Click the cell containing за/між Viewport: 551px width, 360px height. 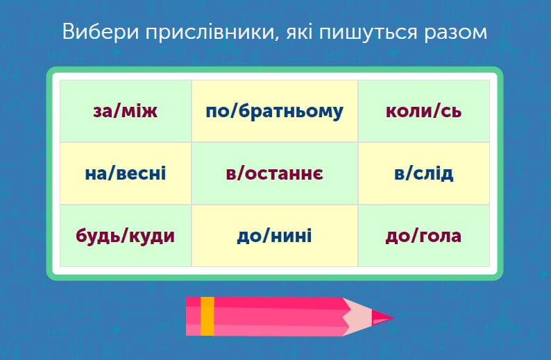point(126,111)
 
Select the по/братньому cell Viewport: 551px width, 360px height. point(274,111)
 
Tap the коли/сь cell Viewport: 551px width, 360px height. point(423,111)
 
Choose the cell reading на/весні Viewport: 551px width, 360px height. point(126,173)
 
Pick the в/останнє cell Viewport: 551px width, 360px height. point(274,173)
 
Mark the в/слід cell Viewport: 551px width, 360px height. point(423,173)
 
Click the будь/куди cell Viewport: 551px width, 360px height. point(126,236)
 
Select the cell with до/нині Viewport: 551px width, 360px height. point(274,236)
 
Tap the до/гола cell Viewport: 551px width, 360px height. point(423,236)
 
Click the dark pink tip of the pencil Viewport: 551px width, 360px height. point(383,318)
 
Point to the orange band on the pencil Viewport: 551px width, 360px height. point(207,316)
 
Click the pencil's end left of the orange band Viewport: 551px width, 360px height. point(193,316)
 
